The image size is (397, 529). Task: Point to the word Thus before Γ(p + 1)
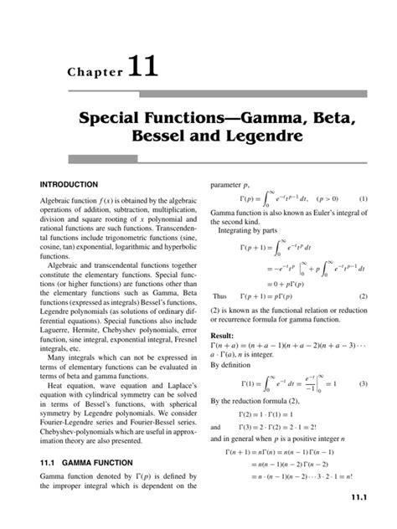[220, 295]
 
